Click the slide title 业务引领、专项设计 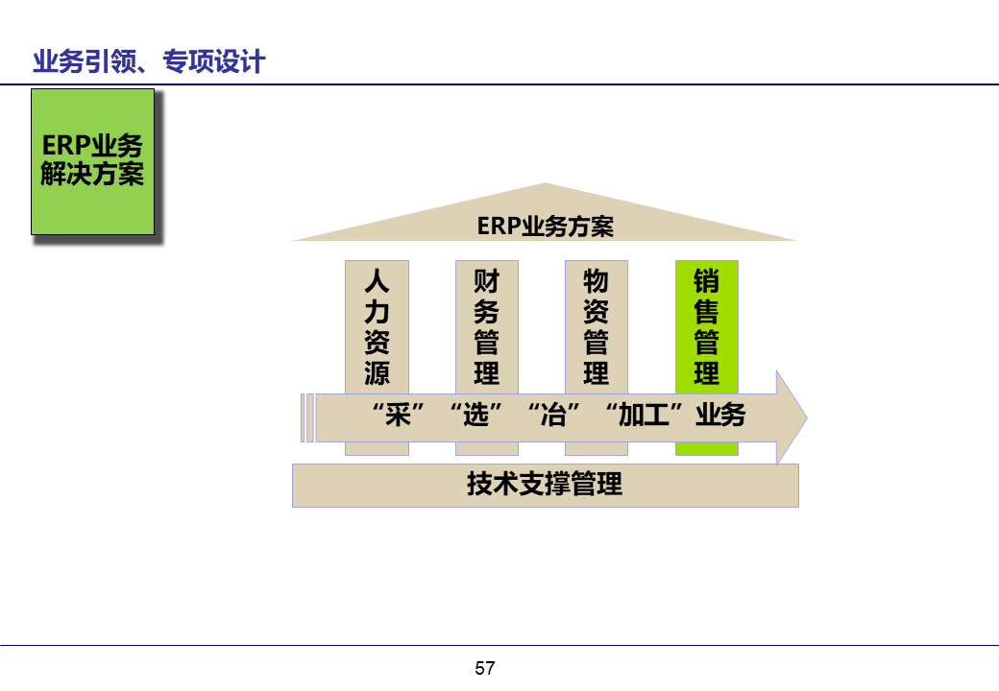coord(149,62)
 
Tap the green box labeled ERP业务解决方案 coord(92,161)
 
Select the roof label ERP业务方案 coord(545,226)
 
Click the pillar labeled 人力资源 coord(377,327)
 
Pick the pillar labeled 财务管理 coord(486,327)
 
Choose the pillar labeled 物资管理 coord(596,327)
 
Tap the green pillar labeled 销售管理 coord(706,327)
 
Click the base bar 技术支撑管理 coord(545,485)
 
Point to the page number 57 coord(485,668)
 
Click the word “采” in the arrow coord(398,417)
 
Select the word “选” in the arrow coord(476,417)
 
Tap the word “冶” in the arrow coord(554,417)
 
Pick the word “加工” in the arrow coord(644,417)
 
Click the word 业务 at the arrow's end coord(720,417)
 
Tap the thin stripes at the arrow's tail coord(306,418)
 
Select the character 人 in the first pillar coord(377,281)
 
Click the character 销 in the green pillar coord(706,281)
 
